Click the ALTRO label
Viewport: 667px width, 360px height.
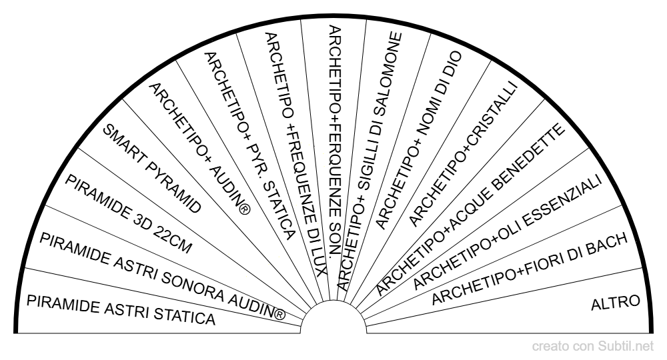coord(616,303)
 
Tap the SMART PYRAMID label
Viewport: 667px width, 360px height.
coord(153,167)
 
